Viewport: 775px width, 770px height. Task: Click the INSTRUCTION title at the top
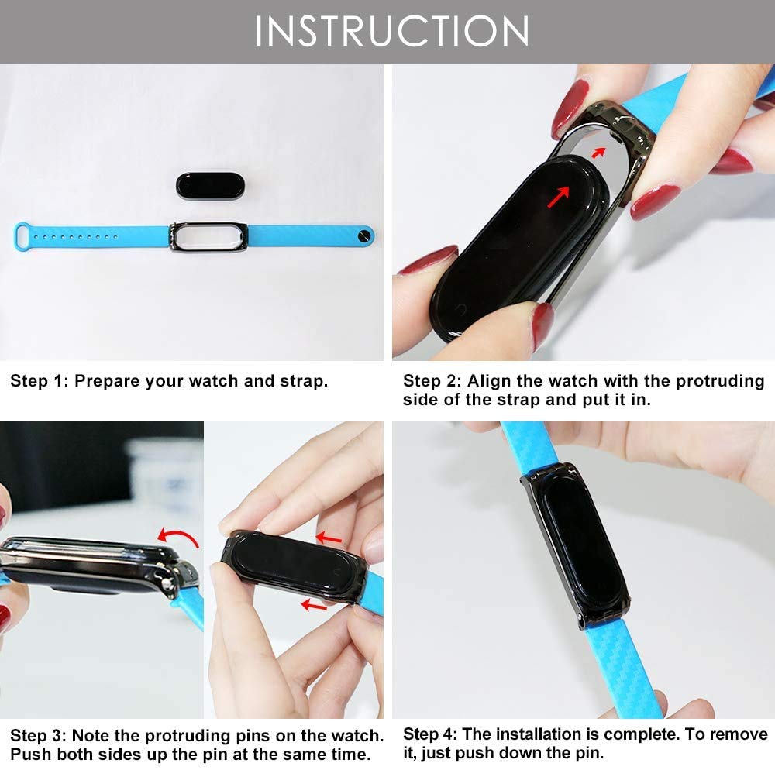(x=392, y=31)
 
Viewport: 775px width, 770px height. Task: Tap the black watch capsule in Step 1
(x=210, y=186)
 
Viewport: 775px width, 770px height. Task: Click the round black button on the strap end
(x=365, y=235)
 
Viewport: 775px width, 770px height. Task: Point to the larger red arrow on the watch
(x=559, y=196)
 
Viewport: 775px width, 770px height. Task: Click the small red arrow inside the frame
(x=598, y=153)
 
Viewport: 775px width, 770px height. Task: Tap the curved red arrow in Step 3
(x=178, y=537)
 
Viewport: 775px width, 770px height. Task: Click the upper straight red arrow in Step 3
(x=328, y=538)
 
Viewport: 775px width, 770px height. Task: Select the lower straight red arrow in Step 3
(x=314, y=604)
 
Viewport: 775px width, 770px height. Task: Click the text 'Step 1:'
(x=39, y=381)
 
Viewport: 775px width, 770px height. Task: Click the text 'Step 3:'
(x=38, y=735)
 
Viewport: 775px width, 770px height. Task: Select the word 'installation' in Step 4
(x=539, y=734)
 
